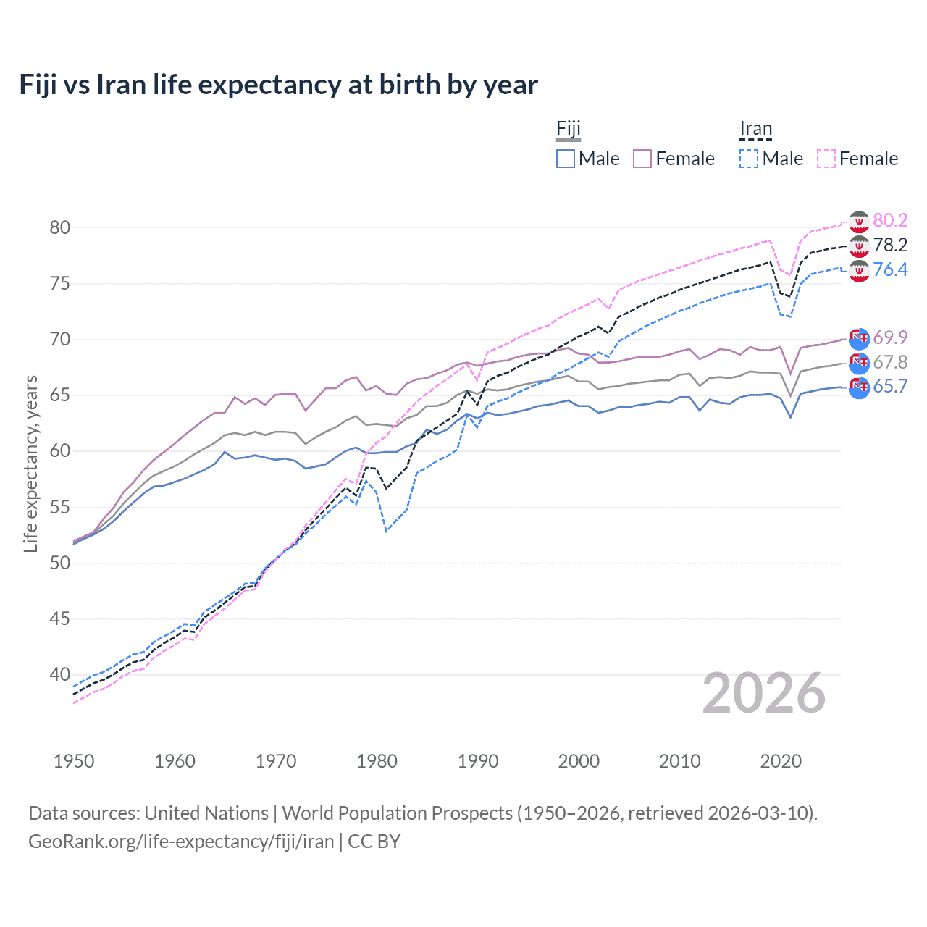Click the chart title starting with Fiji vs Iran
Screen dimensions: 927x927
click(278, 85)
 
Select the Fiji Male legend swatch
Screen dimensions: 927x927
click(566, 159)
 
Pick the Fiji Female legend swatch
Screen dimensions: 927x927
click(642, 159)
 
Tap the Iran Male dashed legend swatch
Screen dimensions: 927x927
click(749, 159)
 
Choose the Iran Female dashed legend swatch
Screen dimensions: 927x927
click(826, 159)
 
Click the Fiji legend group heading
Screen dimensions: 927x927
click(569, 130)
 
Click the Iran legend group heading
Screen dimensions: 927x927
click(756, 130)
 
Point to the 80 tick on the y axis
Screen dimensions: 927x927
click(60, 227)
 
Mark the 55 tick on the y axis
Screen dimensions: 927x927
click(60, 507)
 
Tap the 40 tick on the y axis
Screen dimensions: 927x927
click(60, 674)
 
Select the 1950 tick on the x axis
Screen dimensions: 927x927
click(74, 761)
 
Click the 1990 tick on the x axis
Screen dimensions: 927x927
click(478, 761)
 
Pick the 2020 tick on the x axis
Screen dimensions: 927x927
click(781, 761)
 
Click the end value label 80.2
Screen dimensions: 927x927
click(890, 220)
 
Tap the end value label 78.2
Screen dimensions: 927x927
click(890, 245)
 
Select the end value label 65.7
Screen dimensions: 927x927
click(890, 386)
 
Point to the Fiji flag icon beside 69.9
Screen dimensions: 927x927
click(859, 338)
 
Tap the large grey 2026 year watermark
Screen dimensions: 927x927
click(764, 694)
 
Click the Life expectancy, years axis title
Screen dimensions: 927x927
click(30, 463)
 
